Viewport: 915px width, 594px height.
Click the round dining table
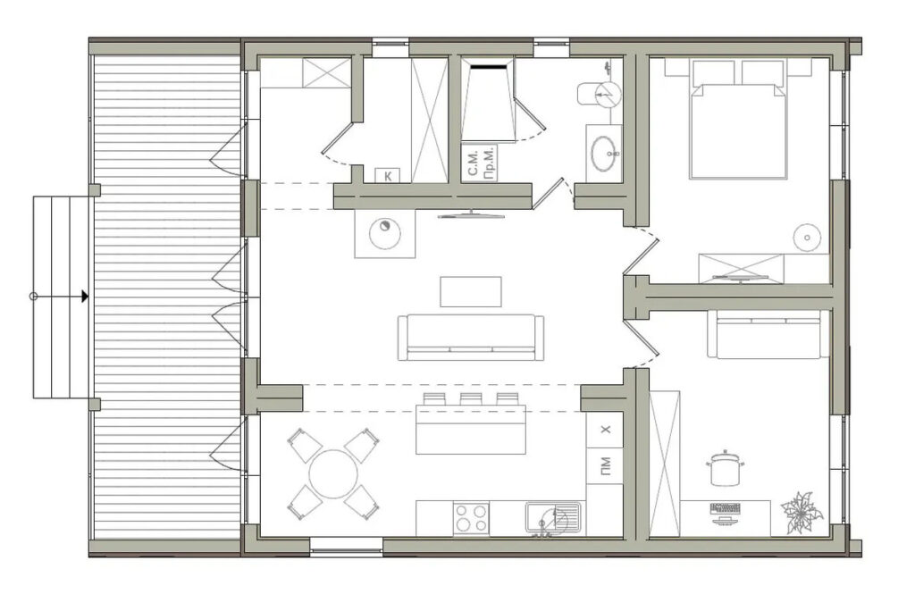point(332,473)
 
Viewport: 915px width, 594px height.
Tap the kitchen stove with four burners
point(471,518)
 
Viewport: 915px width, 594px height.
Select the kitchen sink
point(552,518)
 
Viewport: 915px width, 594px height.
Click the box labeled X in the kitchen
point(605,430)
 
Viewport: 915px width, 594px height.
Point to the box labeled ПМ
point(605,466)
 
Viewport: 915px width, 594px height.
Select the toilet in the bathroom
point(599,94)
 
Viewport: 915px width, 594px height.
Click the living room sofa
point(471,338)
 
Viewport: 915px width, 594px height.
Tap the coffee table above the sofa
point(471,292)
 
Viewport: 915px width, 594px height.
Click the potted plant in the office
point(802,513)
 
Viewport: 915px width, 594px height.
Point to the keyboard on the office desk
point(726,507)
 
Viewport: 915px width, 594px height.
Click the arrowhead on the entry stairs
point(85,297)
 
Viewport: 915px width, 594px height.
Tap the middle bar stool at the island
point(470,399)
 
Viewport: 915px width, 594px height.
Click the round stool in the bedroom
point(807,238)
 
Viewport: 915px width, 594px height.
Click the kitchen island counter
point(471,430)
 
